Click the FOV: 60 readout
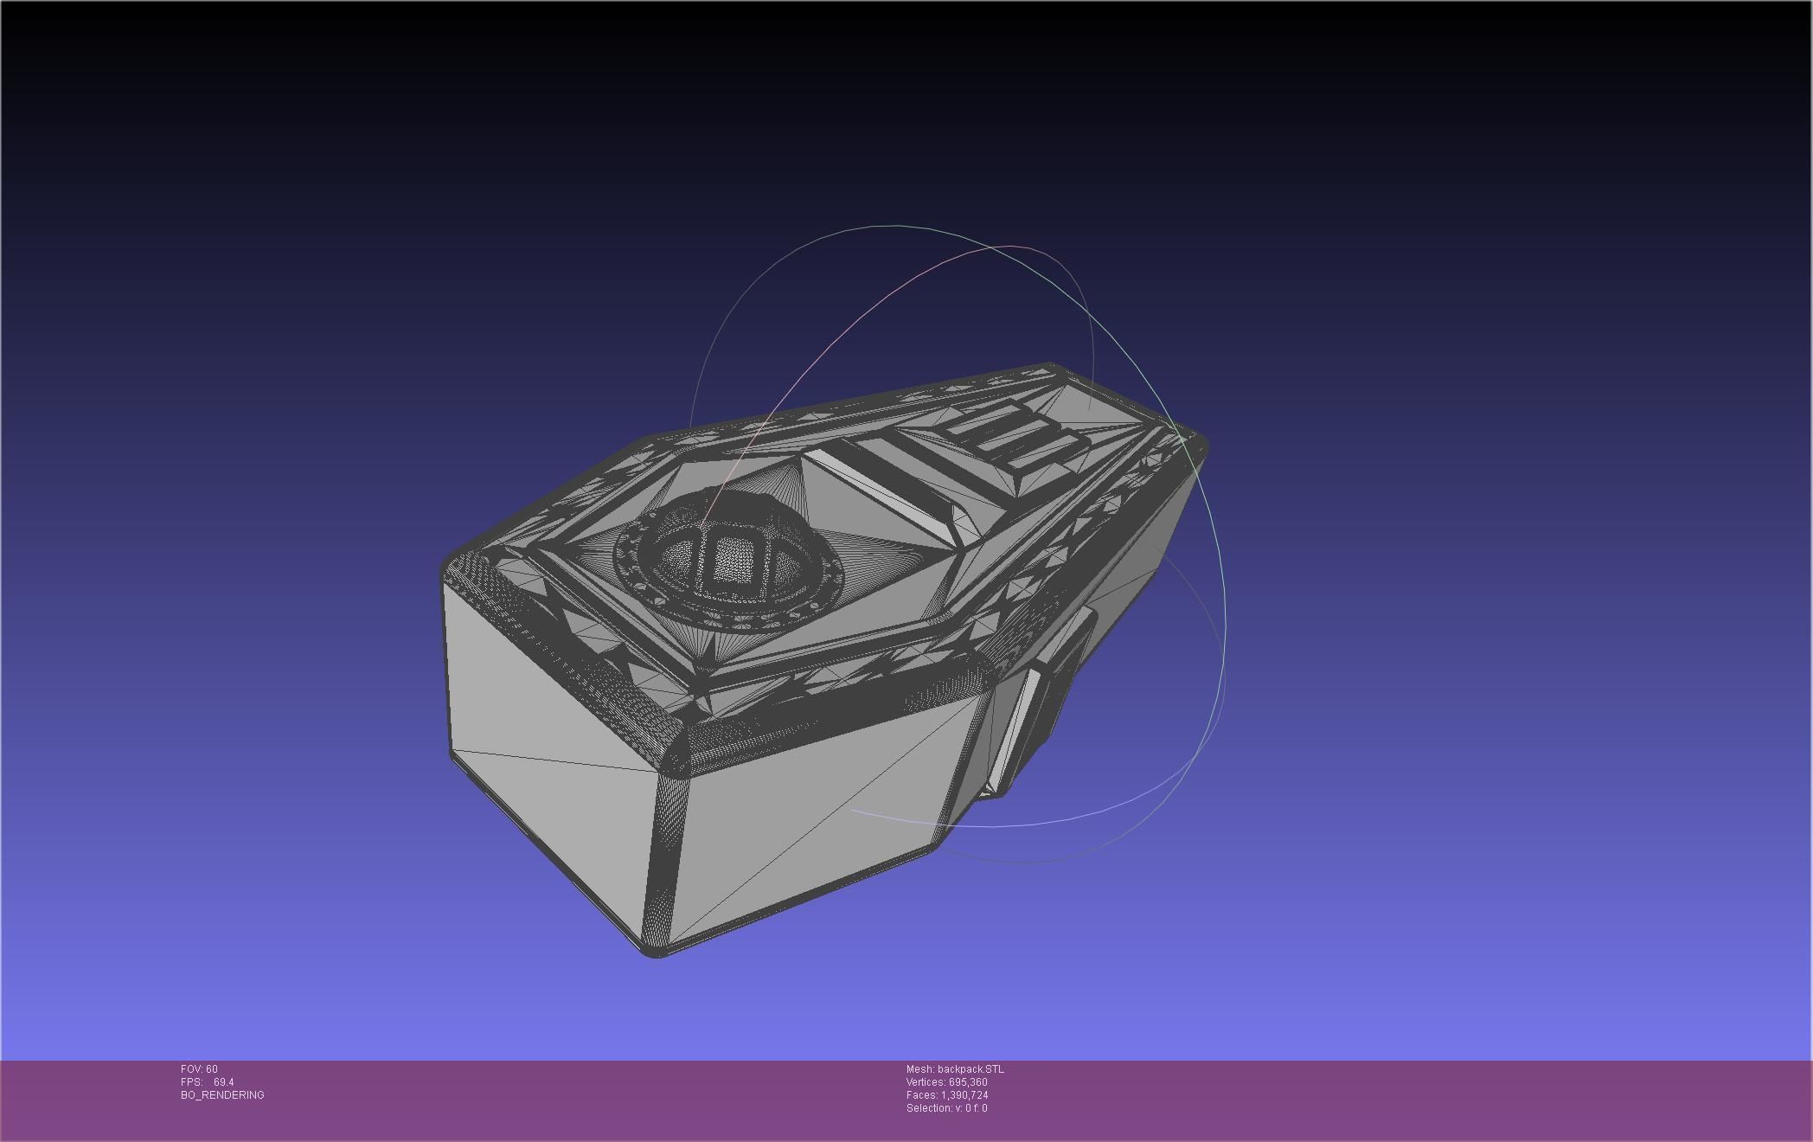pos(199,1069)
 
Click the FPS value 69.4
pos(223,1082)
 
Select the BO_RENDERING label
pos(222,1095)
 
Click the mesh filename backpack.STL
pos(971,1069)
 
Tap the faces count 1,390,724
pos(964,1095)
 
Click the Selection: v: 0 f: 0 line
pos(946,1108)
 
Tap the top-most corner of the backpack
pos(1049,367)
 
